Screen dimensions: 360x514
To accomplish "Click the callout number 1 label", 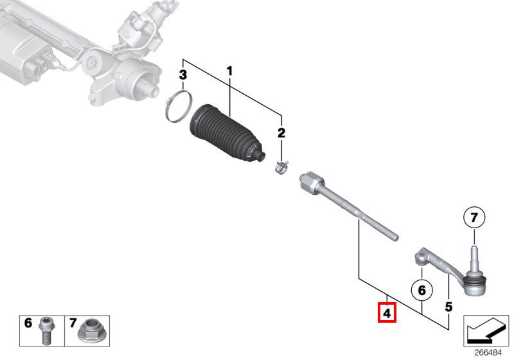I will point(229,70).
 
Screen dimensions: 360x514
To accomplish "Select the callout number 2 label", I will point(281,133).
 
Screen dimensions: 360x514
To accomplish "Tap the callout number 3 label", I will point(182,75).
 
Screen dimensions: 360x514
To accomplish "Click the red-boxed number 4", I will point(387,314).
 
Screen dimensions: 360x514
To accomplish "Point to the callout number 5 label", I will point(448,306).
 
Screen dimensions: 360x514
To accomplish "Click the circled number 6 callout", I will point(421,291).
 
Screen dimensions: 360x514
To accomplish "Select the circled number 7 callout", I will point(474,219).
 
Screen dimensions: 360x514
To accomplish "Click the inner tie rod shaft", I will point(360,213).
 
